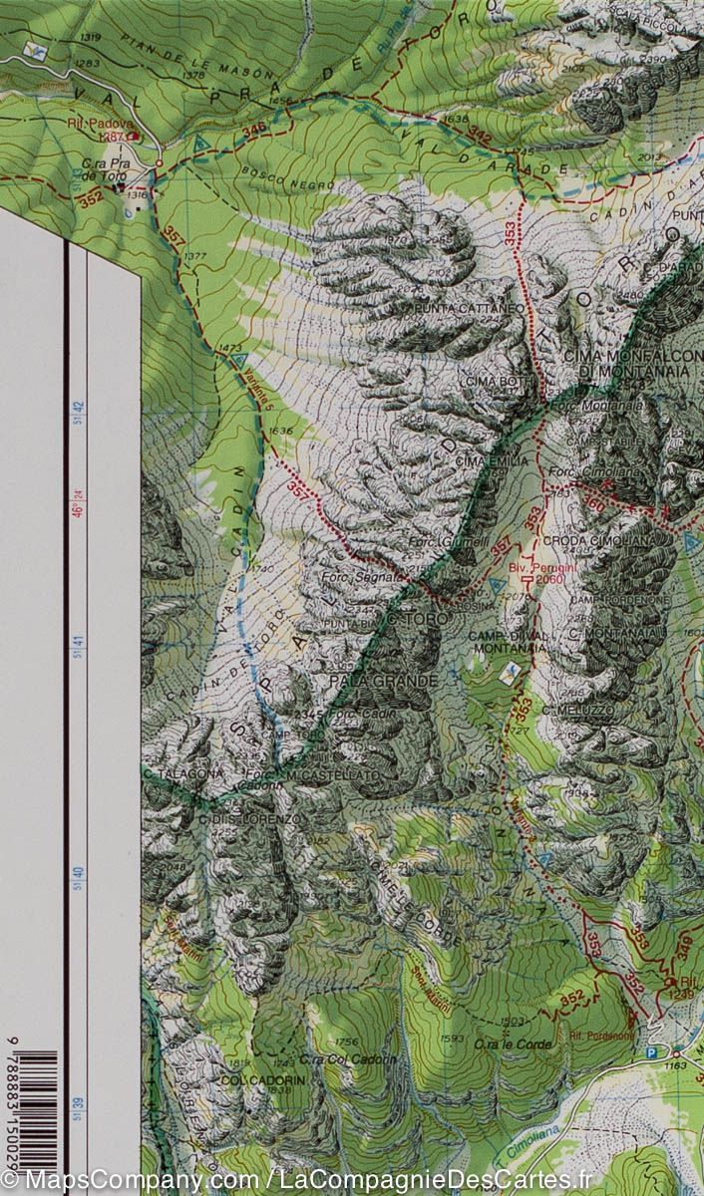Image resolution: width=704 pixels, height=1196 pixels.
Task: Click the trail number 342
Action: pos(480,135)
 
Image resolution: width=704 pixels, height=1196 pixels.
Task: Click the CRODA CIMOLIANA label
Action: pos(583,540)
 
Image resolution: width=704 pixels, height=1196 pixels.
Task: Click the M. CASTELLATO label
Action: pos(318,774)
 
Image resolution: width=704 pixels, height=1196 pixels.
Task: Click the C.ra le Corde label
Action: pos(500,1044)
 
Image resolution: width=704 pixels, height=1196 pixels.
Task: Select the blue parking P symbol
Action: pos(652,1051)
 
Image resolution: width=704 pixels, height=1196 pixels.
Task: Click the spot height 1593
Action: pos(452,1040)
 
